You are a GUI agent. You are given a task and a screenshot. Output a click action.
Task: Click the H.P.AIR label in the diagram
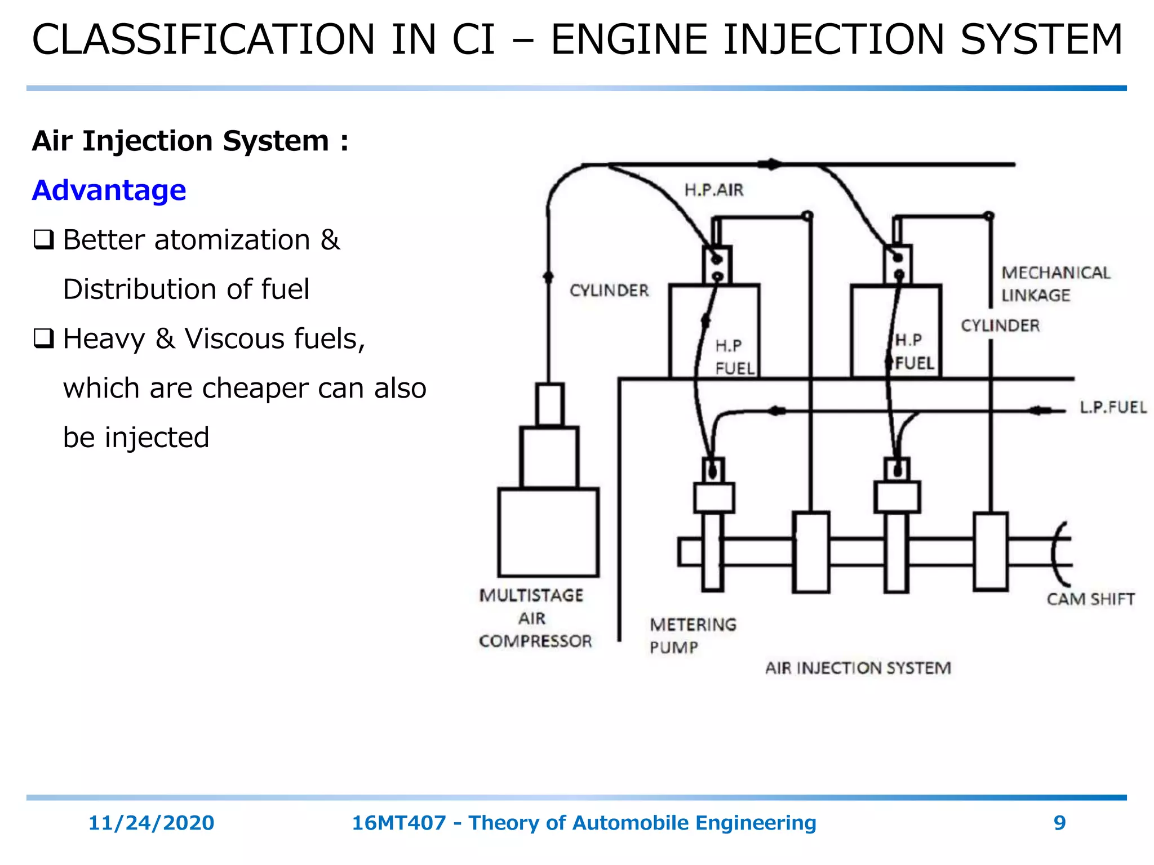pos(713,190)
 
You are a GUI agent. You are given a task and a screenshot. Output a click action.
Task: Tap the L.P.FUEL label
pos(1112,408)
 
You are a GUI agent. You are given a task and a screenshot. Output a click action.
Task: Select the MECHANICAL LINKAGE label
pos(1055,284)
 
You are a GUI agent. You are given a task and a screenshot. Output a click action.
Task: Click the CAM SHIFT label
pos(1090,599)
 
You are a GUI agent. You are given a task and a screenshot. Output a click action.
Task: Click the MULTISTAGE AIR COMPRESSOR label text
pos(534,618)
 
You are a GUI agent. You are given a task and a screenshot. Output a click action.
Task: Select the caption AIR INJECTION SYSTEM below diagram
pos(858,668)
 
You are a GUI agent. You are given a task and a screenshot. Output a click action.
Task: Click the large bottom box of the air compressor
pos(548,532)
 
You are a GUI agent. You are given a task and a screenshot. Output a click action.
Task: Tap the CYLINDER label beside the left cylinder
pos(609,291)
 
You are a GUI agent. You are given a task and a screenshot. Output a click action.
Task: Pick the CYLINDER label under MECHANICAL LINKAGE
pos(1000,326)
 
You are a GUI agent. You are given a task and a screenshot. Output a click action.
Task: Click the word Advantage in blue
pos(109,190)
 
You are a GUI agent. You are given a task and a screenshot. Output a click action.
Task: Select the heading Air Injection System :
pos(190,141)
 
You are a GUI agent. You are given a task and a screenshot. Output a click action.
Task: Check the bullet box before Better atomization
pos(43,240)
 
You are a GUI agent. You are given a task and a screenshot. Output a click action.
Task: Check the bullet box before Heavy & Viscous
pos(43,339)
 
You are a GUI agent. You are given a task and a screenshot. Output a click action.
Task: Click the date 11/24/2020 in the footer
pos(151,823)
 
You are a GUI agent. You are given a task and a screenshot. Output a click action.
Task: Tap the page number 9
pos(1059,823)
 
